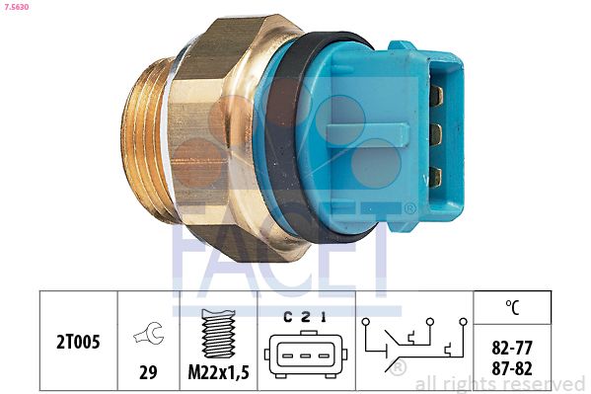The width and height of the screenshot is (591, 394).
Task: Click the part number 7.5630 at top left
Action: pos(16,7)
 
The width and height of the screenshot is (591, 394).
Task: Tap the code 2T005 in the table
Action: pos(78,342)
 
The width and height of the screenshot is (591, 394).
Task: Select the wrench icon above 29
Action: pos(149,333)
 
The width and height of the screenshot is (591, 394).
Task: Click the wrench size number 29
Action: pos(148,372)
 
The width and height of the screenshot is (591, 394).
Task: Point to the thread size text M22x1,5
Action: pos(219,372)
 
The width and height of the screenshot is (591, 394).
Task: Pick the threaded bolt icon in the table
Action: pos(219,333)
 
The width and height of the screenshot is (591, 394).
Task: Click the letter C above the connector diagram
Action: pos(287,318)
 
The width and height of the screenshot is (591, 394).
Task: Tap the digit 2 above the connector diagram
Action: pos(306,318)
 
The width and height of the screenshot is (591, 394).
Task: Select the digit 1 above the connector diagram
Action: pos(323,318)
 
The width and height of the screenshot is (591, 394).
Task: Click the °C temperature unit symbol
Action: pos(512,307)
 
